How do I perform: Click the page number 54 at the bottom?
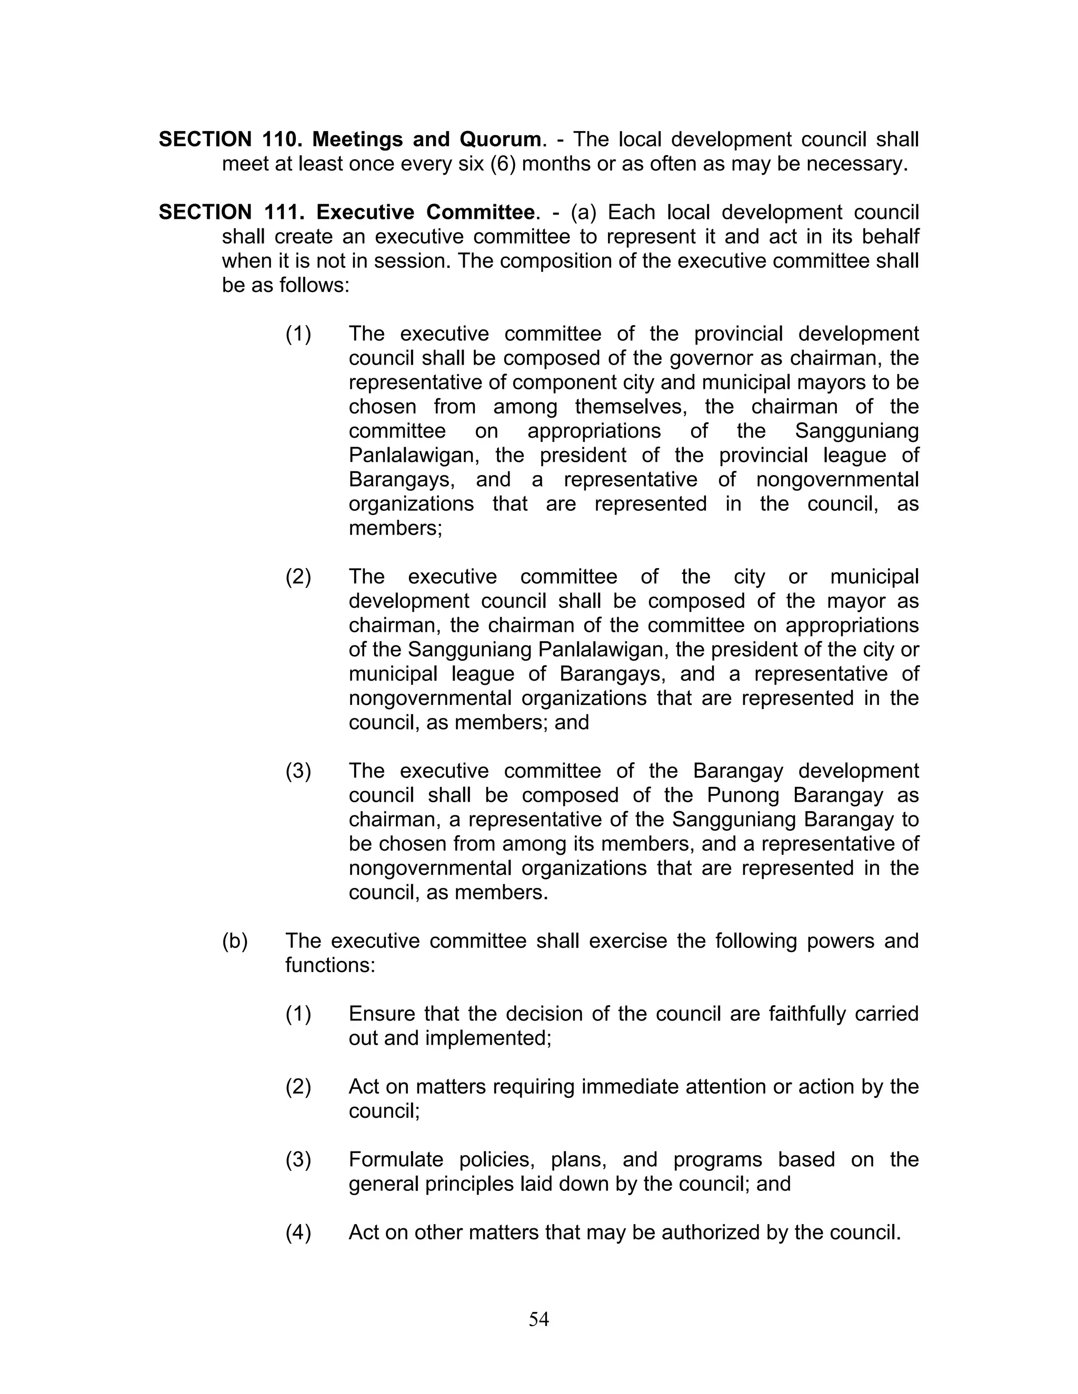coord(538,1319)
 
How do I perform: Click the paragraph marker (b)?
coord(234,941)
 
